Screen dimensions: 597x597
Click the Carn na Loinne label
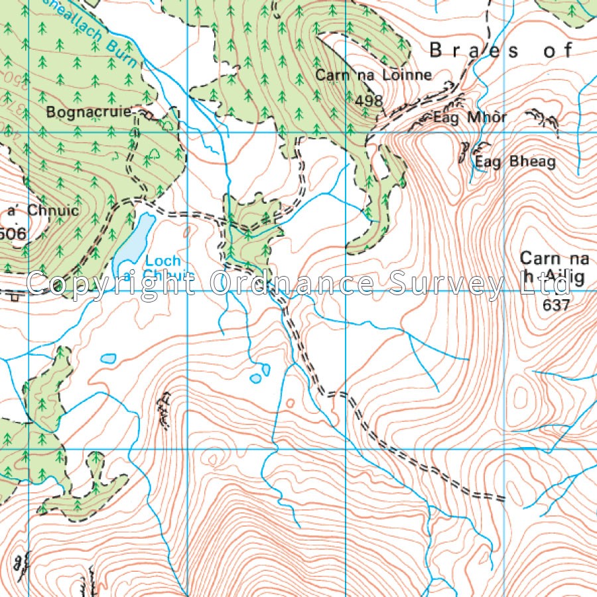pyautogui.click(x=373, y=76)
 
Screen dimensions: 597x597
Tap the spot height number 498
pyautogui.click(x=369, y=100)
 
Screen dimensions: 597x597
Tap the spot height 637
pyautogui.click(x=556, y=304)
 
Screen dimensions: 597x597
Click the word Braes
pyautogui.click(x=474, y=50)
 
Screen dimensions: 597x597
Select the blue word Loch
pyautogui.click(x=163, y=261)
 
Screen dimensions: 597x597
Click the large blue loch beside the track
pyautogui.click(x=135, y=242)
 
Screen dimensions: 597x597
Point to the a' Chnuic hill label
pyautogui.click(x=42, y=211)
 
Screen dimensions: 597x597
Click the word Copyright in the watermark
pyautogui.click(x=114, y=283)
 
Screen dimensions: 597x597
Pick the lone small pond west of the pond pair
pyautogui.click(x=107, y=359)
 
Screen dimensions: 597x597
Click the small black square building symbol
pyautogui.click(x=15, y=297)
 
